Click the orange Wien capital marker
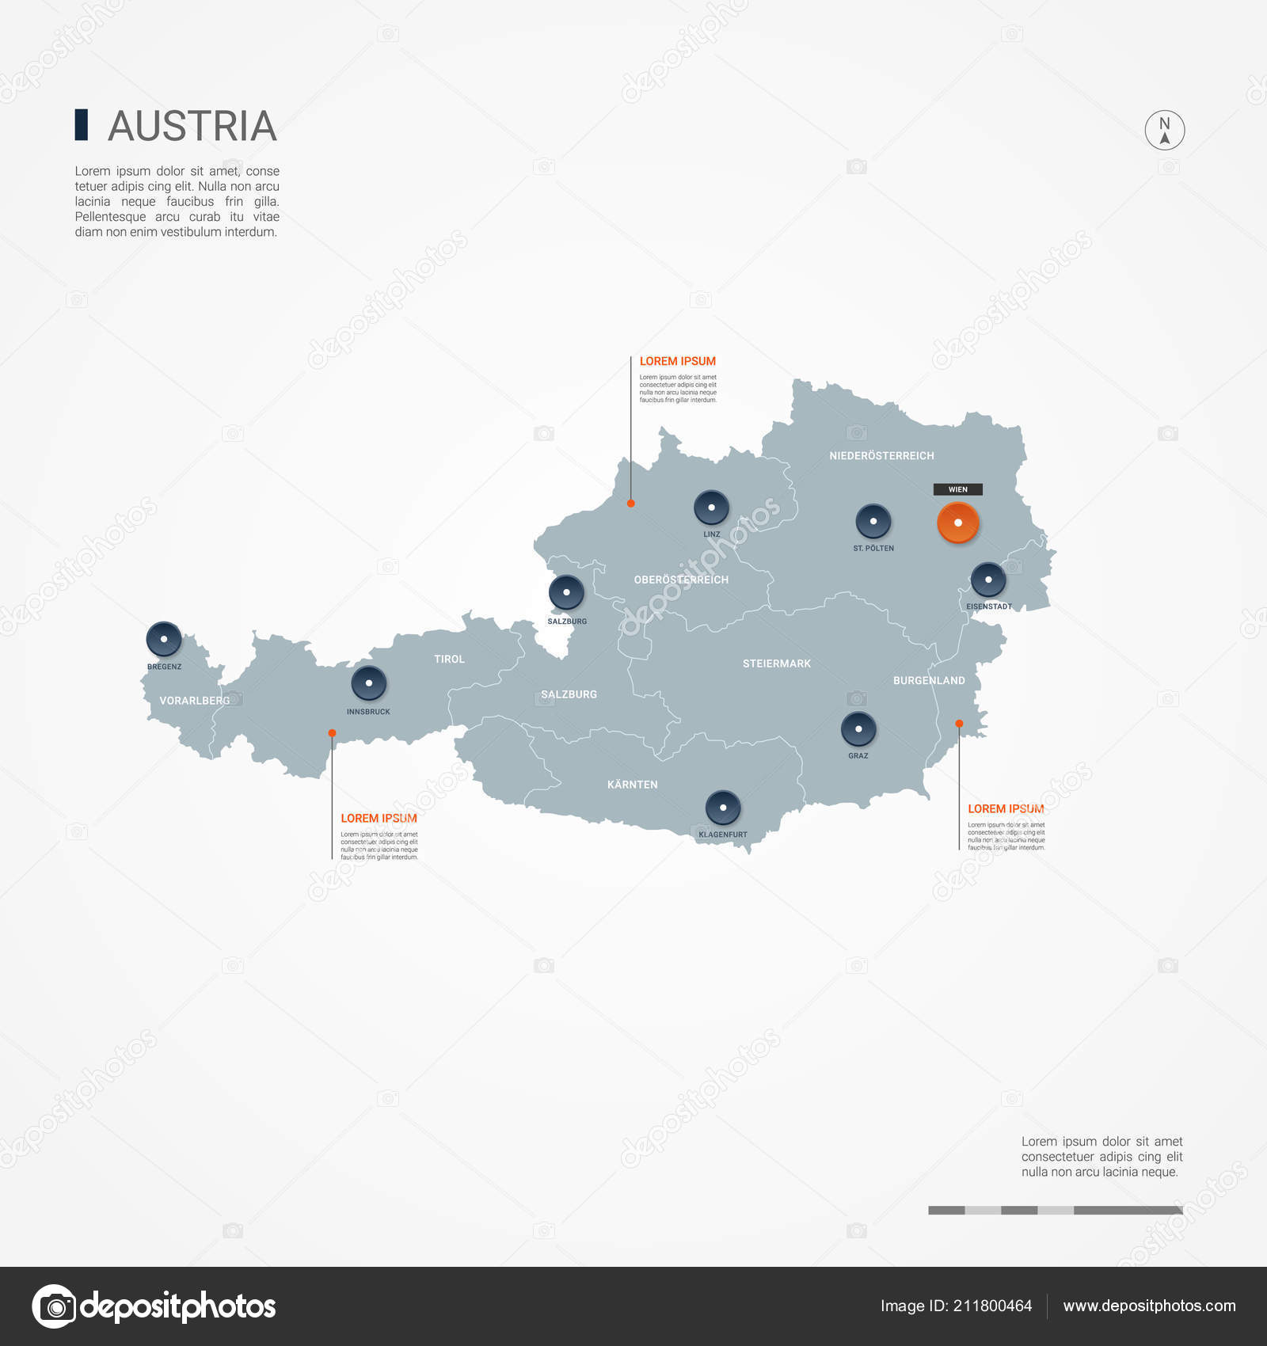click(x=957, y=523)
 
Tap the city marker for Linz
click(x=711, y=508)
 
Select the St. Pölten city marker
click(x=873, y=521)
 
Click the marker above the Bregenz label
click(x=164, y=639)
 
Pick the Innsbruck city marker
click(x=368, y=683)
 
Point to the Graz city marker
click(x=858, y=728)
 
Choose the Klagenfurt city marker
click(x=722, y=808)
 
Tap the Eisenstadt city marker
click(x=988, y=580)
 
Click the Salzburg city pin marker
click(x=566, y=592)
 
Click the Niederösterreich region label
click(x=881, y=456)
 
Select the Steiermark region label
click(x=776, y=663)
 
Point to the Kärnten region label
click(x=632, y=785)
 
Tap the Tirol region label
click(x=449, y=659)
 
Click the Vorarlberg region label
click(x=194, y=701)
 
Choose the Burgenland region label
click(x=929, y=680)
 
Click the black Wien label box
click(x=957, y=489)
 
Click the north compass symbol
click(x=1164, y=130)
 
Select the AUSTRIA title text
click(x=192, y=126)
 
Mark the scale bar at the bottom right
click(x=1055, y=1210)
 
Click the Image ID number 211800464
click(x=992, y=1306)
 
